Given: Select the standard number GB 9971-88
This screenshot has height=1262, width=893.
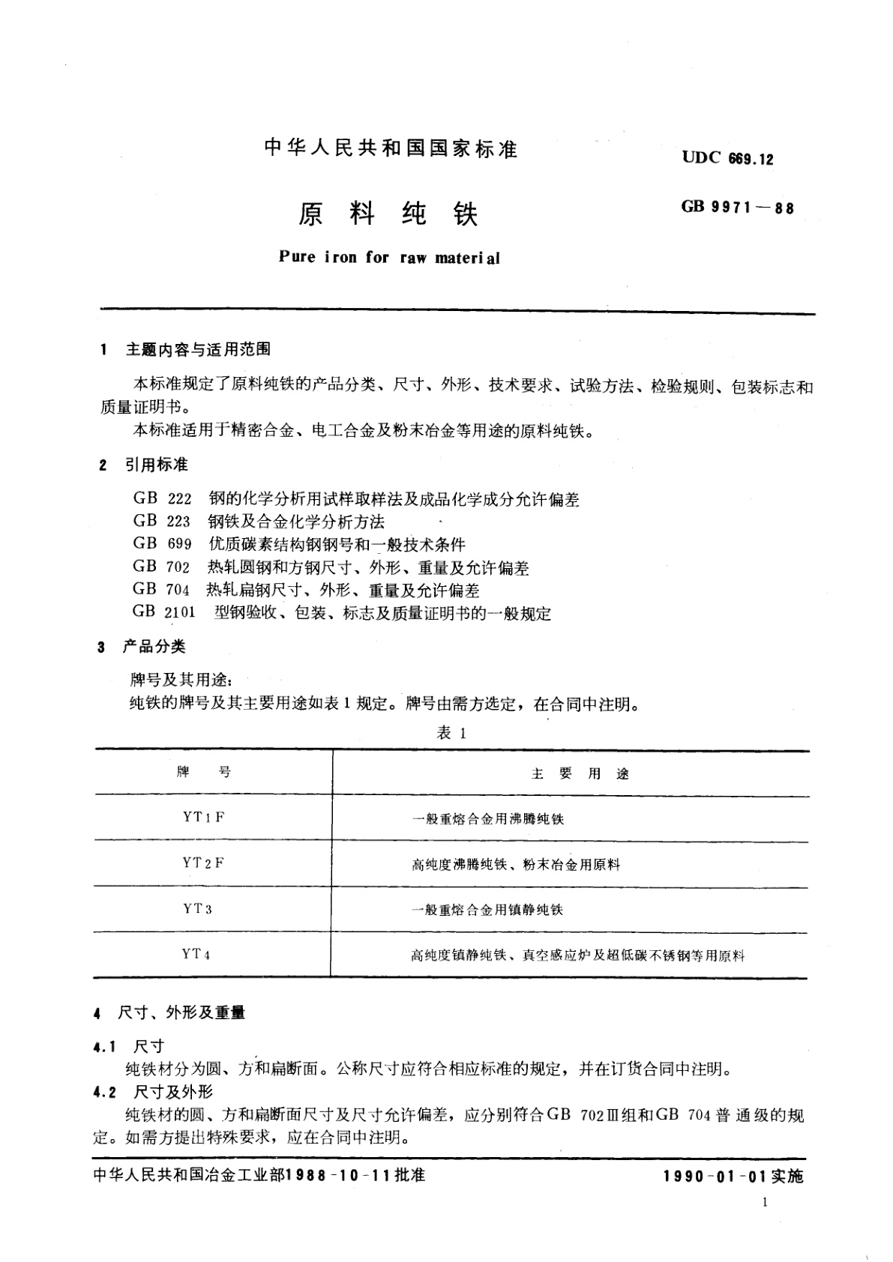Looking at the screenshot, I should (x=737, y=208).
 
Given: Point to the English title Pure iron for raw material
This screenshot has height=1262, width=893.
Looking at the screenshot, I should (x=388, y=257).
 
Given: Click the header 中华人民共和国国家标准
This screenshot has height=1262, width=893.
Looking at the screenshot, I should (x=391, y=148).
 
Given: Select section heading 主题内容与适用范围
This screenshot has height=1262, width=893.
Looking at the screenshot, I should (x=198, y=349).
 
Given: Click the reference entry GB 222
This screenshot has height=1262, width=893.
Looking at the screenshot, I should (x=163, y=499).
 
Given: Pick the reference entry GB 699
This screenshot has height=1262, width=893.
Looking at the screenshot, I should (x=163, y=544).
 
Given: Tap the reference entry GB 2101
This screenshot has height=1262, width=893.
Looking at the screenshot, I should (x=164, y=612).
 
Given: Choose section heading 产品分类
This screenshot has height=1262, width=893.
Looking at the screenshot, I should (x=154, y=647).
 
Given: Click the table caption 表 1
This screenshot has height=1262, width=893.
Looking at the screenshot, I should (x=451, y=734).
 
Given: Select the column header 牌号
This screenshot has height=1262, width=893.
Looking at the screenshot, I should (x=203, y=773).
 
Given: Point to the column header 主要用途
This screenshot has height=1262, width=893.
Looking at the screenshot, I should (x=580, y=774).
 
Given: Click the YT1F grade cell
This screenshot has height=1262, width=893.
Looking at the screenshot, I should (x=203, y=818).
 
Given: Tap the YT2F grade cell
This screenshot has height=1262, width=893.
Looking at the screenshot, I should (x=203, y=863).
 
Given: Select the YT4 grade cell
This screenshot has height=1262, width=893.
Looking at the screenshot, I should (x=196, y=954).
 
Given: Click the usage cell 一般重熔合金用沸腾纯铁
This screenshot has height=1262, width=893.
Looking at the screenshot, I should (x=487, y=819).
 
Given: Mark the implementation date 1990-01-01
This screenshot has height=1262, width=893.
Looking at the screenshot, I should (x=714, y=1177).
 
